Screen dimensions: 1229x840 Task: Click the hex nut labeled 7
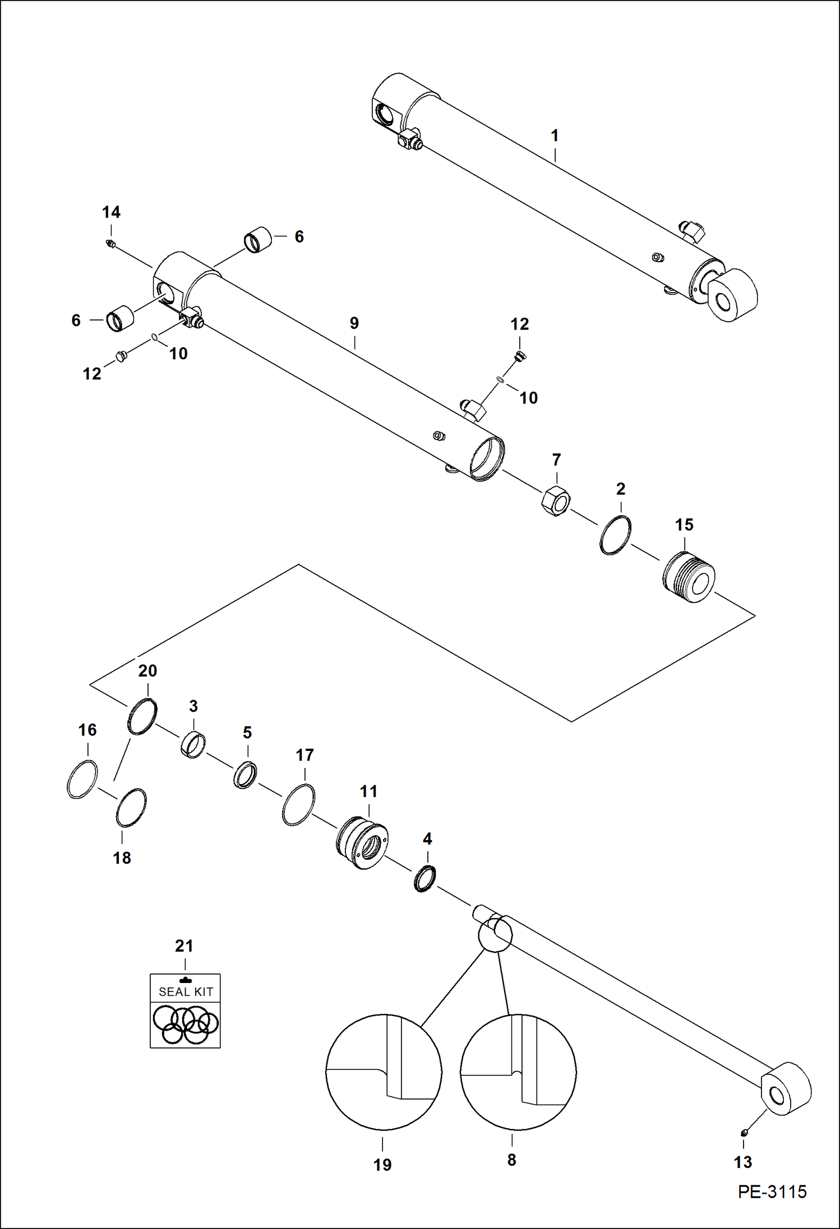[x=555, y=500]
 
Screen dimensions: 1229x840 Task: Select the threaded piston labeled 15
[x=689, y=577]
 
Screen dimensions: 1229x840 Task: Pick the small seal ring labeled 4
[x=425, y=878]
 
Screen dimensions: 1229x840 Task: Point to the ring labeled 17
[x=298, y=805]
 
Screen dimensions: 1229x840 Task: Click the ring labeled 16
[x=82, y=779]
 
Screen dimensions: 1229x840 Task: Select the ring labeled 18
[x=131, y=808]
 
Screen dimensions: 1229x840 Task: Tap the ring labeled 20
[x=142, y=716]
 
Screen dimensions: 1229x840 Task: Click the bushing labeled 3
[x=193, y=745]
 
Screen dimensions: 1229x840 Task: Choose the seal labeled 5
[x=245, y=775]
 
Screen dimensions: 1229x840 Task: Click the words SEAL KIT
[x=186, y=991]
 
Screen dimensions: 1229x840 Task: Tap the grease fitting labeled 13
[x=744, y=1133]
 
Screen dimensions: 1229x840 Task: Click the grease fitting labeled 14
[x=110, y=244]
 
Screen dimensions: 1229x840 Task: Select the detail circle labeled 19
[x=384, y=1072]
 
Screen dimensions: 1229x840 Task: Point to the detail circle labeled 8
[x=518, y=1072]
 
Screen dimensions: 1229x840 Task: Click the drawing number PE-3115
[x=772, y=1191]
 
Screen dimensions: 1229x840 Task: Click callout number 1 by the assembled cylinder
[x=555, y=136]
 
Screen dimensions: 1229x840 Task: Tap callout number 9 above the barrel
[x=354, y=323]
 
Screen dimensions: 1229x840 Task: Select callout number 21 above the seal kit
[x=184, y=946]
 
